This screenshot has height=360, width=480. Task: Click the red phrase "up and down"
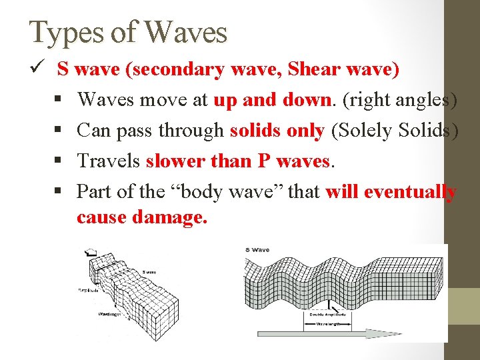click(x=272, y=100)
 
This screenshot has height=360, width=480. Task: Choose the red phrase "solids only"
click(x=277, y=131)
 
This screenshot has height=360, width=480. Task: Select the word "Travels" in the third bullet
click(x=108, y=161)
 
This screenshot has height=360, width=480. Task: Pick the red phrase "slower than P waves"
click(x=238, y=161)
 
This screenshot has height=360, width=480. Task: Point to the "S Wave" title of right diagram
click(x=257, y=250)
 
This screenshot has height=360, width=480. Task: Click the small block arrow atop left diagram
click(x=87, y=253)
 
